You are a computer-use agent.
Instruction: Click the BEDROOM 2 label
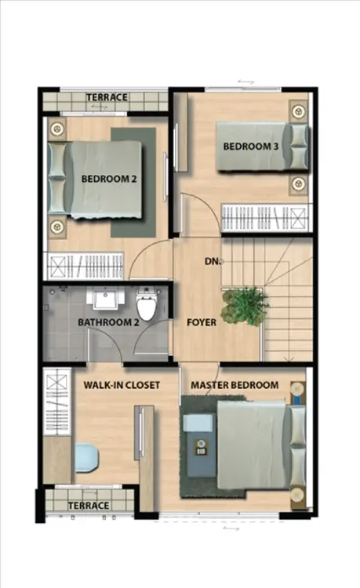coord(109,179)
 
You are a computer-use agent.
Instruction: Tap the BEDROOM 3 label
coord(251,147)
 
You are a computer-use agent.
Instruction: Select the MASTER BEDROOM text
coord(235,385)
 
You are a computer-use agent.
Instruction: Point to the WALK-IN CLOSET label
coord(122,385)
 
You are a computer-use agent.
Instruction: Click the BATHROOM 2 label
coord(108,322)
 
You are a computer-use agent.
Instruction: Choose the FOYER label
coord(202,322)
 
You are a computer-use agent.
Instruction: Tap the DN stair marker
coord(211,261)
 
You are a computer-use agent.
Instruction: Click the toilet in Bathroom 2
coord(146,303)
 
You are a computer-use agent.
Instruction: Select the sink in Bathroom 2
coord(106,298)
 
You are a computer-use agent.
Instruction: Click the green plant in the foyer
coord(245,307)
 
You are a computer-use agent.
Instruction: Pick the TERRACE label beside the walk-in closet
coord(89,506)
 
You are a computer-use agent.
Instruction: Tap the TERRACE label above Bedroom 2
coord(107,97)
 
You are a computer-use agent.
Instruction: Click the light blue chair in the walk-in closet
coord(86,458)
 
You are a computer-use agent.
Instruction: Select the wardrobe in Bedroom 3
coord(265,218)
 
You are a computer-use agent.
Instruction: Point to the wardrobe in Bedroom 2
coord(85,266)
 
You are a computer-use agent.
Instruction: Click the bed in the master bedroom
coord(261,445)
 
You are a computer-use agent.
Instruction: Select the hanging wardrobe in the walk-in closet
coord(57,401)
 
